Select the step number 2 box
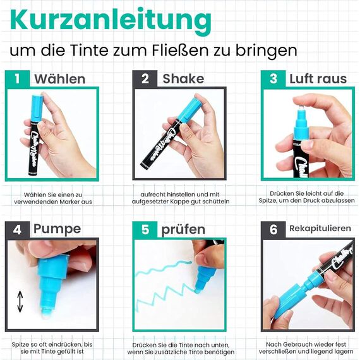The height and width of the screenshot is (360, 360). click(x=145, y=79)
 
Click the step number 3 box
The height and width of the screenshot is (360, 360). click(x=273, y=79)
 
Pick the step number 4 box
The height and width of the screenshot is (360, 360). click(x=17, y=229)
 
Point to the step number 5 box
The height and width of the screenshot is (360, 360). click(x=145, y=229)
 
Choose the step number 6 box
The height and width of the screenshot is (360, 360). click(x=273, y=229)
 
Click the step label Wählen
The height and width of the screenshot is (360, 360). click(x=60, y=79)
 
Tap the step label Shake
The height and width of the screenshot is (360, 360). click(x=183, y=79)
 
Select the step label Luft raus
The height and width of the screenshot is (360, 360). click(x=318, y=79)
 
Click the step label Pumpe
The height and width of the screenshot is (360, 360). click(x=57, y=229)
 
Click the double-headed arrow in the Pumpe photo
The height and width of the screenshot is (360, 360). click(x=20, y=301)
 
